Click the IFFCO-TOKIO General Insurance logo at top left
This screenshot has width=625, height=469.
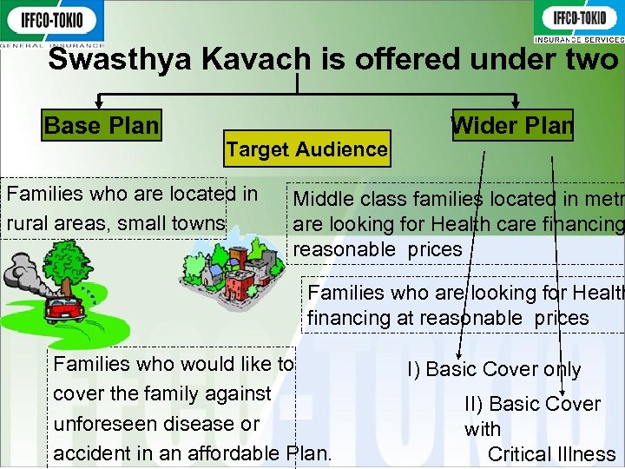(52, 23)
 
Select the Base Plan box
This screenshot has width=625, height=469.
(102, 126)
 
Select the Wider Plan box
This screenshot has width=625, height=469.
(512, 126)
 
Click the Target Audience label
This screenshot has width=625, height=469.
(306, 149)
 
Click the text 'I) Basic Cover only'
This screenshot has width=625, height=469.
(494, 369)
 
